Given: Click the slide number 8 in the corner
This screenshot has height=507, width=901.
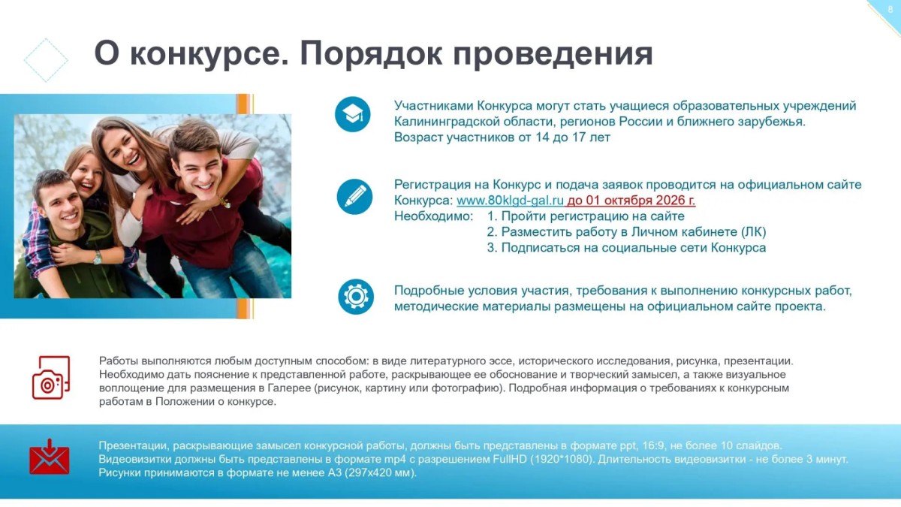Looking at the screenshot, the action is [x=890, y=9].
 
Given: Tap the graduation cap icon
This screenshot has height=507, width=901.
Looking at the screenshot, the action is [x=352, y=114].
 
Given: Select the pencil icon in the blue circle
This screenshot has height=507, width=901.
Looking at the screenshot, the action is [x=354, y=197].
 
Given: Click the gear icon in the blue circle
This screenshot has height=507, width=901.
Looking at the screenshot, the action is [x=356, y=297].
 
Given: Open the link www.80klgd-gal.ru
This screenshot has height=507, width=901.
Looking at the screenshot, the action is [x=510, y=200].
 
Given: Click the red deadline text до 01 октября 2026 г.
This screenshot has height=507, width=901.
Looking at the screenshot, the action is [x=631, y=200].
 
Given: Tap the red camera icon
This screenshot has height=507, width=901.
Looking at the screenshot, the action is [x=51, y=377].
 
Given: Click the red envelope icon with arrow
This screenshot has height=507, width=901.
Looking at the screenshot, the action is [x=50, y=457].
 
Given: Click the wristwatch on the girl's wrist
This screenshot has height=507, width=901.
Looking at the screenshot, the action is [x=98, y=258].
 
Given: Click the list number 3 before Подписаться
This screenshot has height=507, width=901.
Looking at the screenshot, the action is [x=491, y=247].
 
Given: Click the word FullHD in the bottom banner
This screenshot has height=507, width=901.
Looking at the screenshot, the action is [x=510, y=459].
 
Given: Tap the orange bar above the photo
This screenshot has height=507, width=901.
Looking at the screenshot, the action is [x=243, y=104].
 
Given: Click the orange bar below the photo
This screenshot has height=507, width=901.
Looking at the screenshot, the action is [x=243, y=309].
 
